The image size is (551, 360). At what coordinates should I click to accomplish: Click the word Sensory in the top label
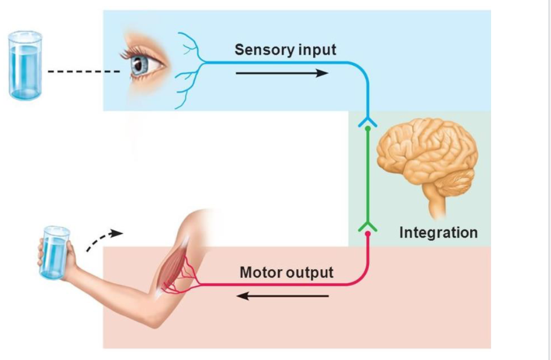(x=258, y=50)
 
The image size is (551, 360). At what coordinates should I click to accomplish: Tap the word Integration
(x=438, y=233)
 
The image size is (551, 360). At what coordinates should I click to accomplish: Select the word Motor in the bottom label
(x=260, y=272)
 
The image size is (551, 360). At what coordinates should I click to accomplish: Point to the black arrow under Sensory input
(x=281, y=73)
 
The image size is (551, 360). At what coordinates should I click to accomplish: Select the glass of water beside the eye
(x=26, y=65)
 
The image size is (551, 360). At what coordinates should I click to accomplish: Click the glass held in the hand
(x=55, y=251)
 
